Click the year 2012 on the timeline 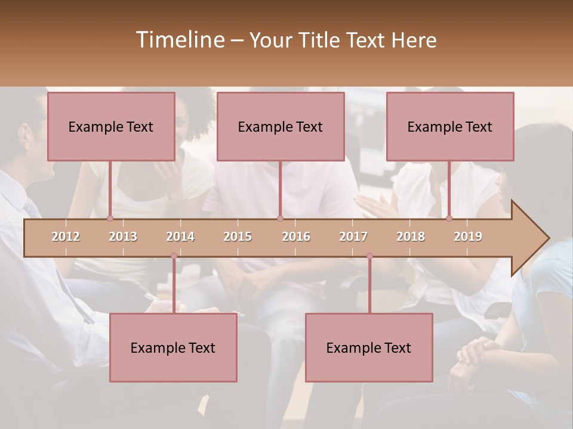pyautogui.click(x=66, y=237)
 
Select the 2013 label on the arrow pyautogui.click(x=123, y=237)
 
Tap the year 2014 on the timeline pyautogui.click(x=180, y=237)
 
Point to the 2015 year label pyautogui.click(x=238, y=237)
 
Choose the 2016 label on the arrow pyautogui.click(x=296, y=237)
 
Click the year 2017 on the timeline pyautogui.click(x=353, y=237)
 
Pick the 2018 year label pyautogui.click(x=411, y=237)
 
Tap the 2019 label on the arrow pyautogui.click(x=468, y=237)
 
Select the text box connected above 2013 pyautogui.click(x=111, y=126)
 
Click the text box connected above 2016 pyautogui.click(x=281, y=126)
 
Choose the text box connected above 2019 pyautogui.click(x=450, y=126)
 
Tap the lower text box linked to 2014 pyautogui.click(x=173, y=347)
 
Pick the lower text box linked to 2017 pyautogui.click(x=369, y=347)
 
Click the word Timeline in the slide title pyautogui.click(x=180, y=40)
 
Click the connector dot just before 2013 pyautogui.click(x=110, y=219)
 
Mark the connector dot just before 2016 pyautogui.click(x=280, y=219)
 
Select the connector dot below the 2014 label pyautogui.click(x=174, y=256)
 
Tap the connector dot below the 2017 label pyautogui.click(x=369, y=256)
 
